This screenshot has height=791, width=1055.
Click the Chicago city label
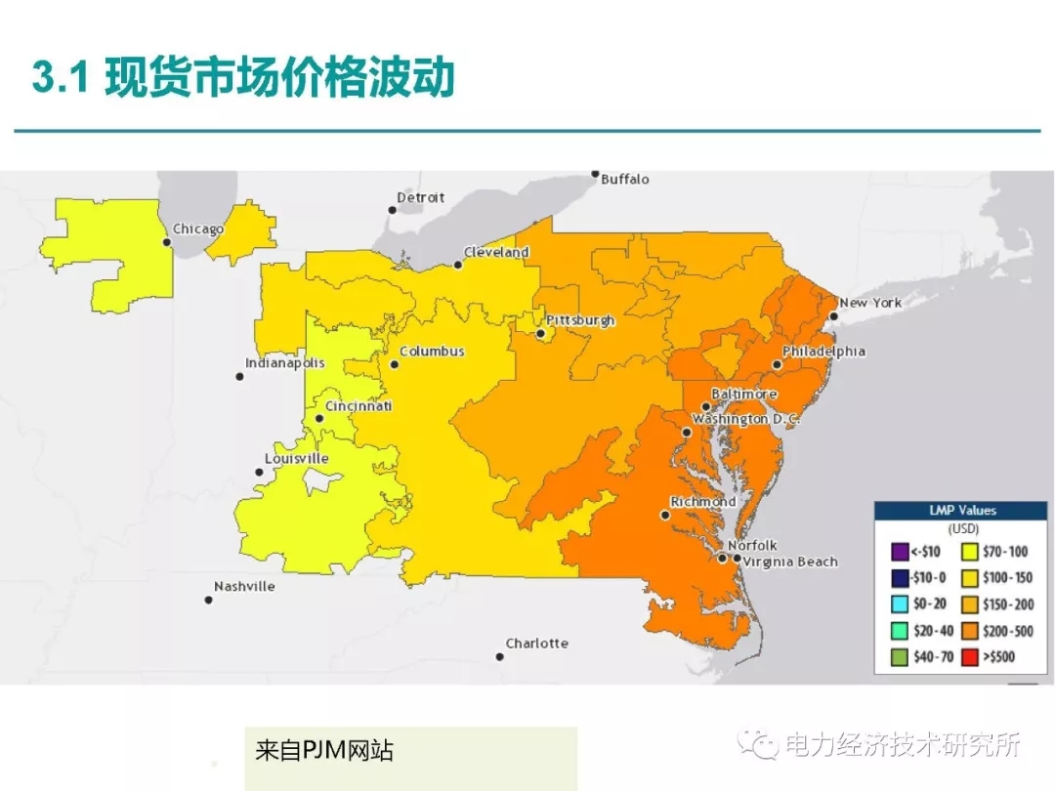coord(198,229)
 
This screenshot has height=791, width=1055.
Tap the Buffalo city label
coord(624,180)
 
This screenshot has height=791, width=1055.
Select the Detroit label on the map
coord(420,198)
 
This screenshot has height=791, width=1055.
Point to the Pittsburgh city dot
coord(540,334)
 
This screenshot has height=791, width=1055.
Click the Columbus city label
coord(432,352)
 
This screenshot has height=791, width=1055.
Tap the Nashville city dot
coord(208,600)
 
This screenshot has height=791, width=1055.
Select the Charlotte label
coord(536,644)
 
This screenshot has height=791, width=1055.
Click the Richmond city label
coord(702,502)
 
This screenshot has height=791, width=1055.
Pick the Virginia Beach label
coord(789,562)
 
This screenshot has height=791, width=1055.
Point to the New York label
coord(870,303)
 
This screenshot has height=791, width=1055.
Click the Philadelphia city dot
coord(777,364)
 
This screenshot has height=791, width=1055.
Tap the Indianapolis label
coord(284,363)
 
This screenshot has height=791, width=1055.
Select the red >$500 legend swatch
coord(970,657)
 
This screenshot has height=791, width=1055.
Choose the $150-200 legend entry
coord(997,604)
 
